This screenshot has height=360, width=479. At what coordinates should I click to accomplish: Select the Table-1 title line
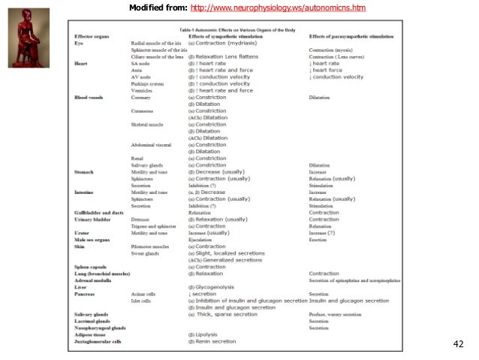point(238,29)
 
